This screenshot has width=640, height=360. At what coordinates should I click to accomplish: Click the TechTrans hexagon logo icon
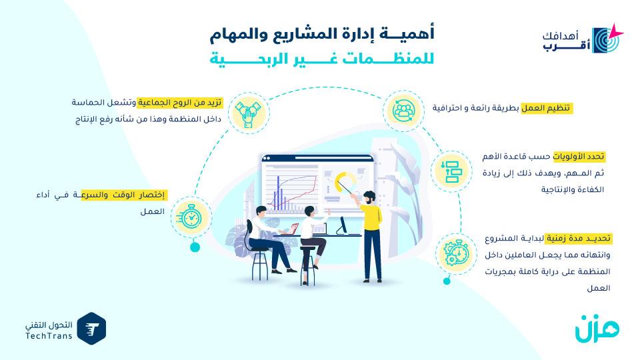pos(91,329)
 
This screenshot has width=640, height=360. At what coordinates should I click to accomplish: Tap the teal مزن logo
pos(597,328)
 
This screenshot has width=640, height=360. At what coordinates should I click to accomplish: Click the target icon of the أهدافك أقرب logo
pos(607,39)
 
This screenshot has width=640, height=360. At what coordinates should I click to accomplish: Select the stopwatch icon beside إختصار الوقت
pos(191,216)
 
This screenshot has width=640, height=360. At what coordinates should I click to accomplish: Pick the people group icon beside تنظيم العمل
pos(403,111)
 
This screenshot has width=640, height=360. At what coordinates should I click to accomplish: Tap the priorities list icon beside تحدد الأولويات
pos(451,171)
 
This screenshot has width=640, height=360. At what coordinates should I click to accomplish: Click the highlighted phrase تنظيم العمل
pos(546,108)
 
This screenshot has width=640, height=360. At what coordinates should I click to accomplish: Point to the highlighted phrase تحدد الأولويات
pos(579,157)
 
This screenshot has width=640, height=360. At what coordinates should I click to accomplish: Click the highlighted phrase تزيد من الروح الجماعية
pos(179,103)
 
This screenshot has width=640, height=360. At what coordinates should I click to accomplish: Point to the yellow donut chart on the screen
pos(345,181)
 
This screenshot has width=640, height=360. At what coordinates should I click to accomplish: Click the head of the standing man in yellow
pos(369,197)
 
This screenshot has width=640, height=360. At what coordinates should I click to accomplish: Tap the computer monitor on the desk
pos(343,226)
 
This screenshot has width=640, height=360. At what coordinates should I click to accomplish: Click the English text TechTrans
pos(49,336)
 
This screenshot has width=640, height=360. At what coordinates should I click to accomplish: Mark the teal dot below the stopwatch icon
pos(195,247)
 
